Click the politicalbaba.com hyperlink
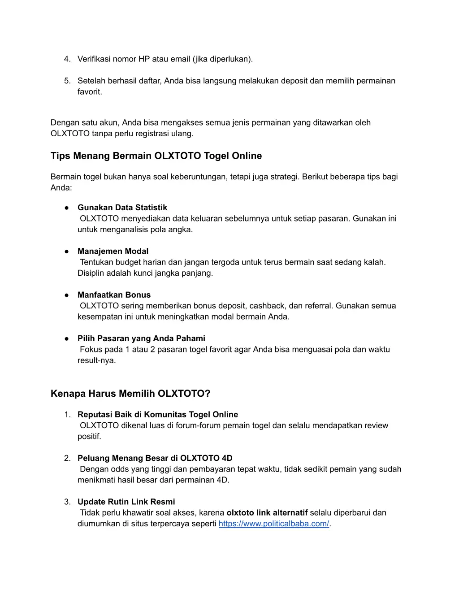point(273,524)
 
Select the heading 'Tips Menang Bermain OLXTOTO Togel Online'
point(156,156)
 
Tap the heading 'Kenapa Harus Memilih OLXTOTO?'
point(130,394)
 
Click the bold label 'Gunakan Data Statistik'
point(122,208)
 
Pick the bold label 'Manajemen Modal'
point(113,251)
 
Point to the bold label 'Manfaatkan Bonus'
point(114,295)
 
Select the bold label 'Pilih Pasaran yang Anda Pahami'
point(141,338)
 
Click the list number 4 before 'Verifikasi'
point(67,59)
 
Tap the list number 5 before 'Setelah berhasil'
point(67,81)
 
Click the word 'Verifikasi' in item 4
point(94,59)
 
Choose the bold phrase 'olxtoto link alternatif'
point(267,513)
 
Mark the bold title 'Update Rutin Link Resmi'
point(126,502)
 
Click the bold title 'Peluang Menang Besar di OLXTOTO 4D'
point(155,458)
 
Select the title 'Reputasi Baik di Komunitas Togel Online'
point(157,415)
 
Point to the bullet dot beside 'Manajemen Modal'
point(66,251)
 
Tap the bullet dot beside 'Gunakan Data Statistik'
point(66,208)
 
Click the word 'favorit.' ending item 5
point(90,92)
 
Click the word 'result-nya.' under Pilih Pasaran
point(96,360)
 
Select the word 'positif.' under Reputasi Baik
point(89,437)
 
